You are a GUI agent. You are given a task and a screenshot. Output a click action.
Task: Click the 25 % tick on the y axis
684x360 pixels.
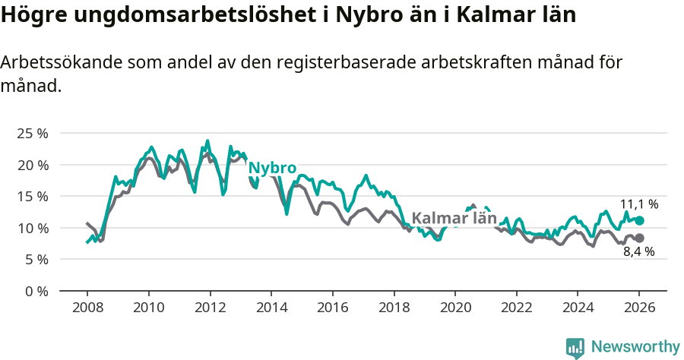click(x=32, y=133)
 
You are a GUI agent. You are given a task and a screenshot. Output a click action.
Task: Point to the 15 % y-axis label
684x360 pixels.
click(x=32, y=196)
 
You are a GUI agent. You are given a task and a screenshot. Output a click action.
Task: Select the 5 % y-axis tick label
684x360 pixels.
click(x=35, y=259)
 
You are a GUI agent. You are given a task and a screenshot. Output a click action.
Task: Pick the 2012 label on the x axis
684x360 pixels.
click(x=210, y=308)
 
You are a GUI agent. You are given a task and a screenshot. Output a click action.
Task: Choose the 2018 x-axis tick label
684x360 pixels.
click(x=394, y=308)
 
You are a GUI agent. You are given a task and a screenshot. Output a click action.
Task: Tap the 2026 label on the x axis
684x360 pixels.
click(x=639, y=308)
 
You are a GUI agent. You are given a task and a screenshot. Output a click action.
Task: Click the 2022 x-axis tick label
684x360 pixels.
click(x=517, y=308)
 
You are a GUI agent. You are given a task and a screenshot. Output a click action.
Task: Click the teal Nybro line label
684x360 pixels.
click(x=272, y=168)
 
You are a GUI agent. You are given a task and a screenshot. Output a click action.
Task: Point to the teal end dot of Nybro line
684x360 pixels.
click(x=639, y=220)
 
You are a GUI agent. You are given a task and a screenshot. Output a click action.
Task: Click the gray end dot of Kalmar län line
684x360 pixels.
click(x=639, y=238)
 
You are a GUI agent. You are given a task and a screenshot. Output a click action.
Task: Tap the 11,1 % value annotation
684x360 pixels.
click(x=639, y=204)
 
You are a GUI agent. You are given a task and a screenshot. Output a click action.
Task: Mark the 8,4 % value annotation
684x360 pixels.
click(x=639, y=252)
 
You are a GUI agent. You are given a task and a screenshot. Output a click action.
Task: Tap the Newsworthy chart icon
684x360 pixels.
click(x=575, y=347)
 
